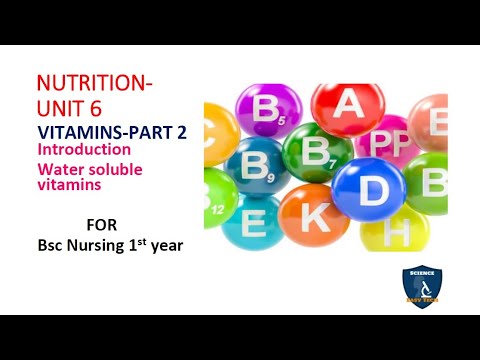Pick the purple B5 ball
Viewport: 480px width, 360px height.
click(x=269, y=113)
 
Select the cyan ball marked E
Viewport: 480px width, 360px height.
click(x=253, y=221)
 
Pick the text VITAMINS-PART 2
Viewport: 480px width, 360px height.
click(x=111, y=130)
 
